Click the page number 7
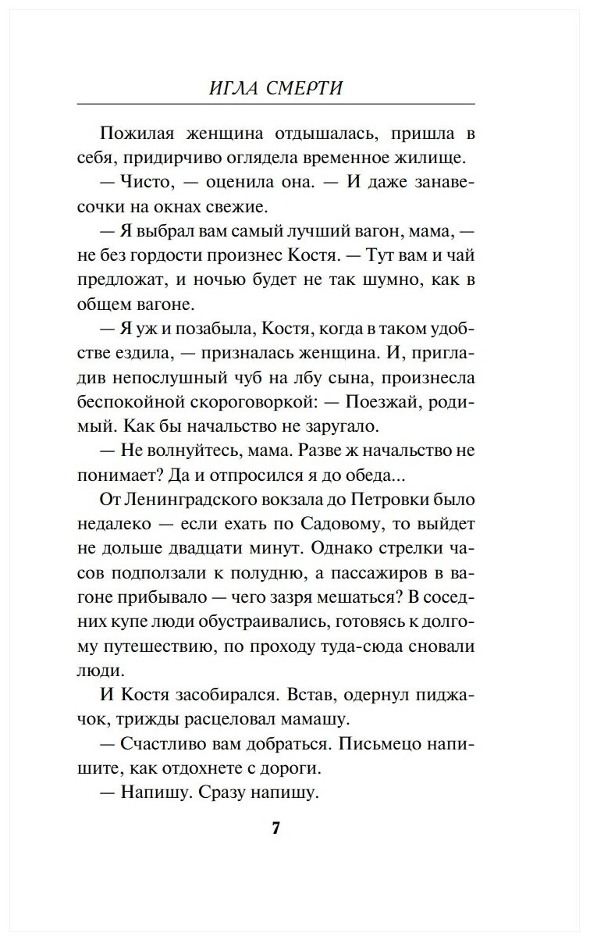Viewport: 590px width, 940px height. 275,828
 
